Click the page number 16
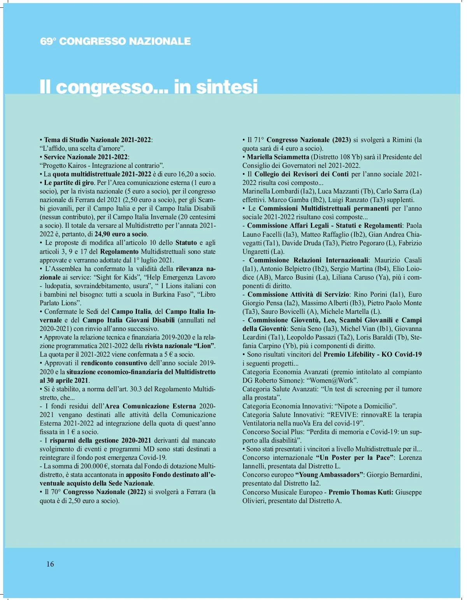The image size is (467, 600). coord(50,564)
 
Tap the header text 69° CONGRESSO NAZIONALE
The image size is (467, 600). coord(115,41)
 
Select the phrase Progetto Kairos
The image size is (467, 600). coord(64,165)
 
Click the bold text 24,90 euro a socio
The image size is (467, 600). coord(121,234)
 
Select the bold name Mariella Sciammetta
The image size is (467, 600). coord(278,157)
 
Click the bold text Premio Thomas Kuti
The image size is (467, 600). coord(360,492)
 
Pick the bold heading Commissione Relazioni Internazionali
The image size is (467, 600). coord(308,260)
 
